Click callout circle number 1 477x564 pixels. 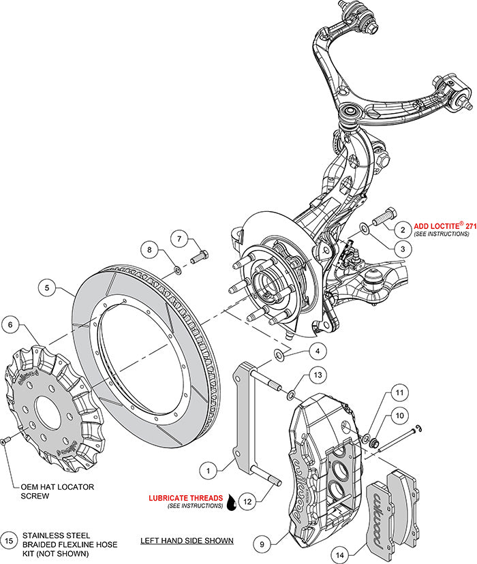[x=210, y=469]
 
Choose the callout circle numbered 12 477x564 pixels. [x=247, y=501]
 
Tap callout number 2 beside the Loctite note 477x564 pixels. [x=402, y=230]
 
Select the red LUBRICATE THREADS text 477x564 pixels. [x=185, y=498]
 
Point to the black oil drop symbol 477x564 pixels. [x=234, y=502]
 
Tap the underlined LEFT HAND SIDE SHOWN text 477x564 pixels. [x=187, y=541]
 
